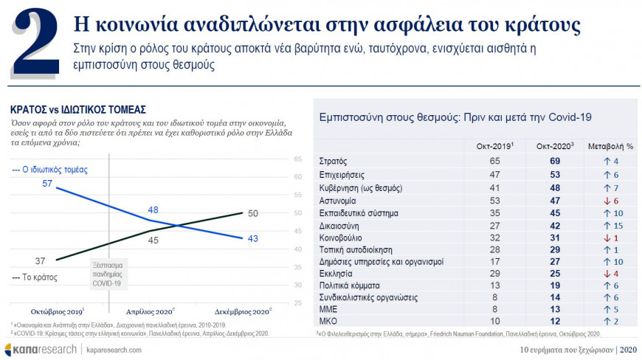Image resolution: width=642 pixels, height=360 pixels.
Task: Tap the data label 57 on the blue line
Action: (x=47, y=183)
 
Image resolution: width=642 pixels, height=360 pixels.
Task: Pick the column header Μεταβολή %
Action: (x=610, y=146)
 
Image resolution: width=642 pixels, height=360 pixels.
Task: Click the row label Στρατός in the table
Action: (x=333, y=161)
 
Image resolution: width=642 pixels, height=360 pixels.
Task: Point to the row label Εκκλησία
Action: (x=336, y=272)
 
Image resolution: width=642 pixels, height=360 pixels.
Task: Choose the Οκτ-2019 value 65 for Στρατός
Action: (x=496, y=161)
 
